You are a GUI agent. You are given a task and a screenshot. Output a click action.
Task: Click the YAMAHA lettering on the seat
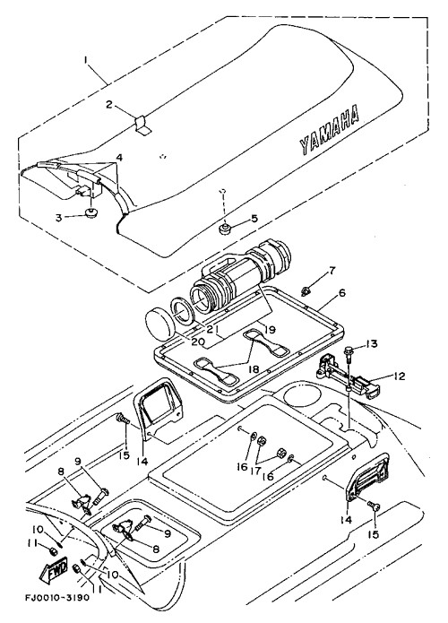click(x=329, y=129)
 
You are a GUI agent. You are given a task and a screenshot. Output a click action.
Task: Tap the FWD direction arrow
click(x=54, y=570)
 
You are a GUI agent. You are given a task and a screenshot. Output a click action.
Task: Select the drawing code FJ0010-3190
click(x=57, y=597)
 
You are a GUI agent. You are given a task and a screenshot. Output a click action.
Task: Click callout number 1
click(x=85, y=59)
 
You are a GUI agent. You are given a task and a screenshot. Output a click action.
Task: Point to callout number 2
click(x=109, y=105)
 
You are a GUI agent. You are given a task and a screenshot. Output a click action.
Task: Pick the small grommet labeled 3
click(x=92, y=213)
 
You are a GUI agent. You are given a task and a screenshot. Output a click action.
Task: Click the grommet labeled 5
click(x=226, y=229)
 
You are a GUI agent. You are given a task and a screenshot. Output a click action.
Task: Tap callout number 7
click(x=332, y=271)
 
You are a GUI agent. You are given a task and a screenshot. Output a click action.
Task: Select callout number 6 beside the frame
click(x=341, y=293)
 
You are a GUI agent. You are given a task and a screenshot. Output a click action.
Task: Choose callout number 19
click(x=270, y=329)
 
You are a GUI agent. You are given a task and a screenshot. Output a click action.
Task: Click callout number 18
click(x=253, y=369)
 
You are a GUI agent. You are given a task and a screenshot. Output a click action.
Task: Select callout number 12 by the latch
click(x=399, y=376)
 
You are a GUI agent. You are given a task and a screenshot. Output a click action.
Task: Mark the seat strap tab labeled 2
click(x=142, y=125)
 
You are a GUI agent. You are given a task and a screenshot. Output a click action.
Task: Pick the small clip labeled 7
click(x=306, y=291)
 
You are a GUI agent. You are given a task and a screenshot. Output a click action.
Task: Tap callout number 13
click(x=371, y=343)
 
